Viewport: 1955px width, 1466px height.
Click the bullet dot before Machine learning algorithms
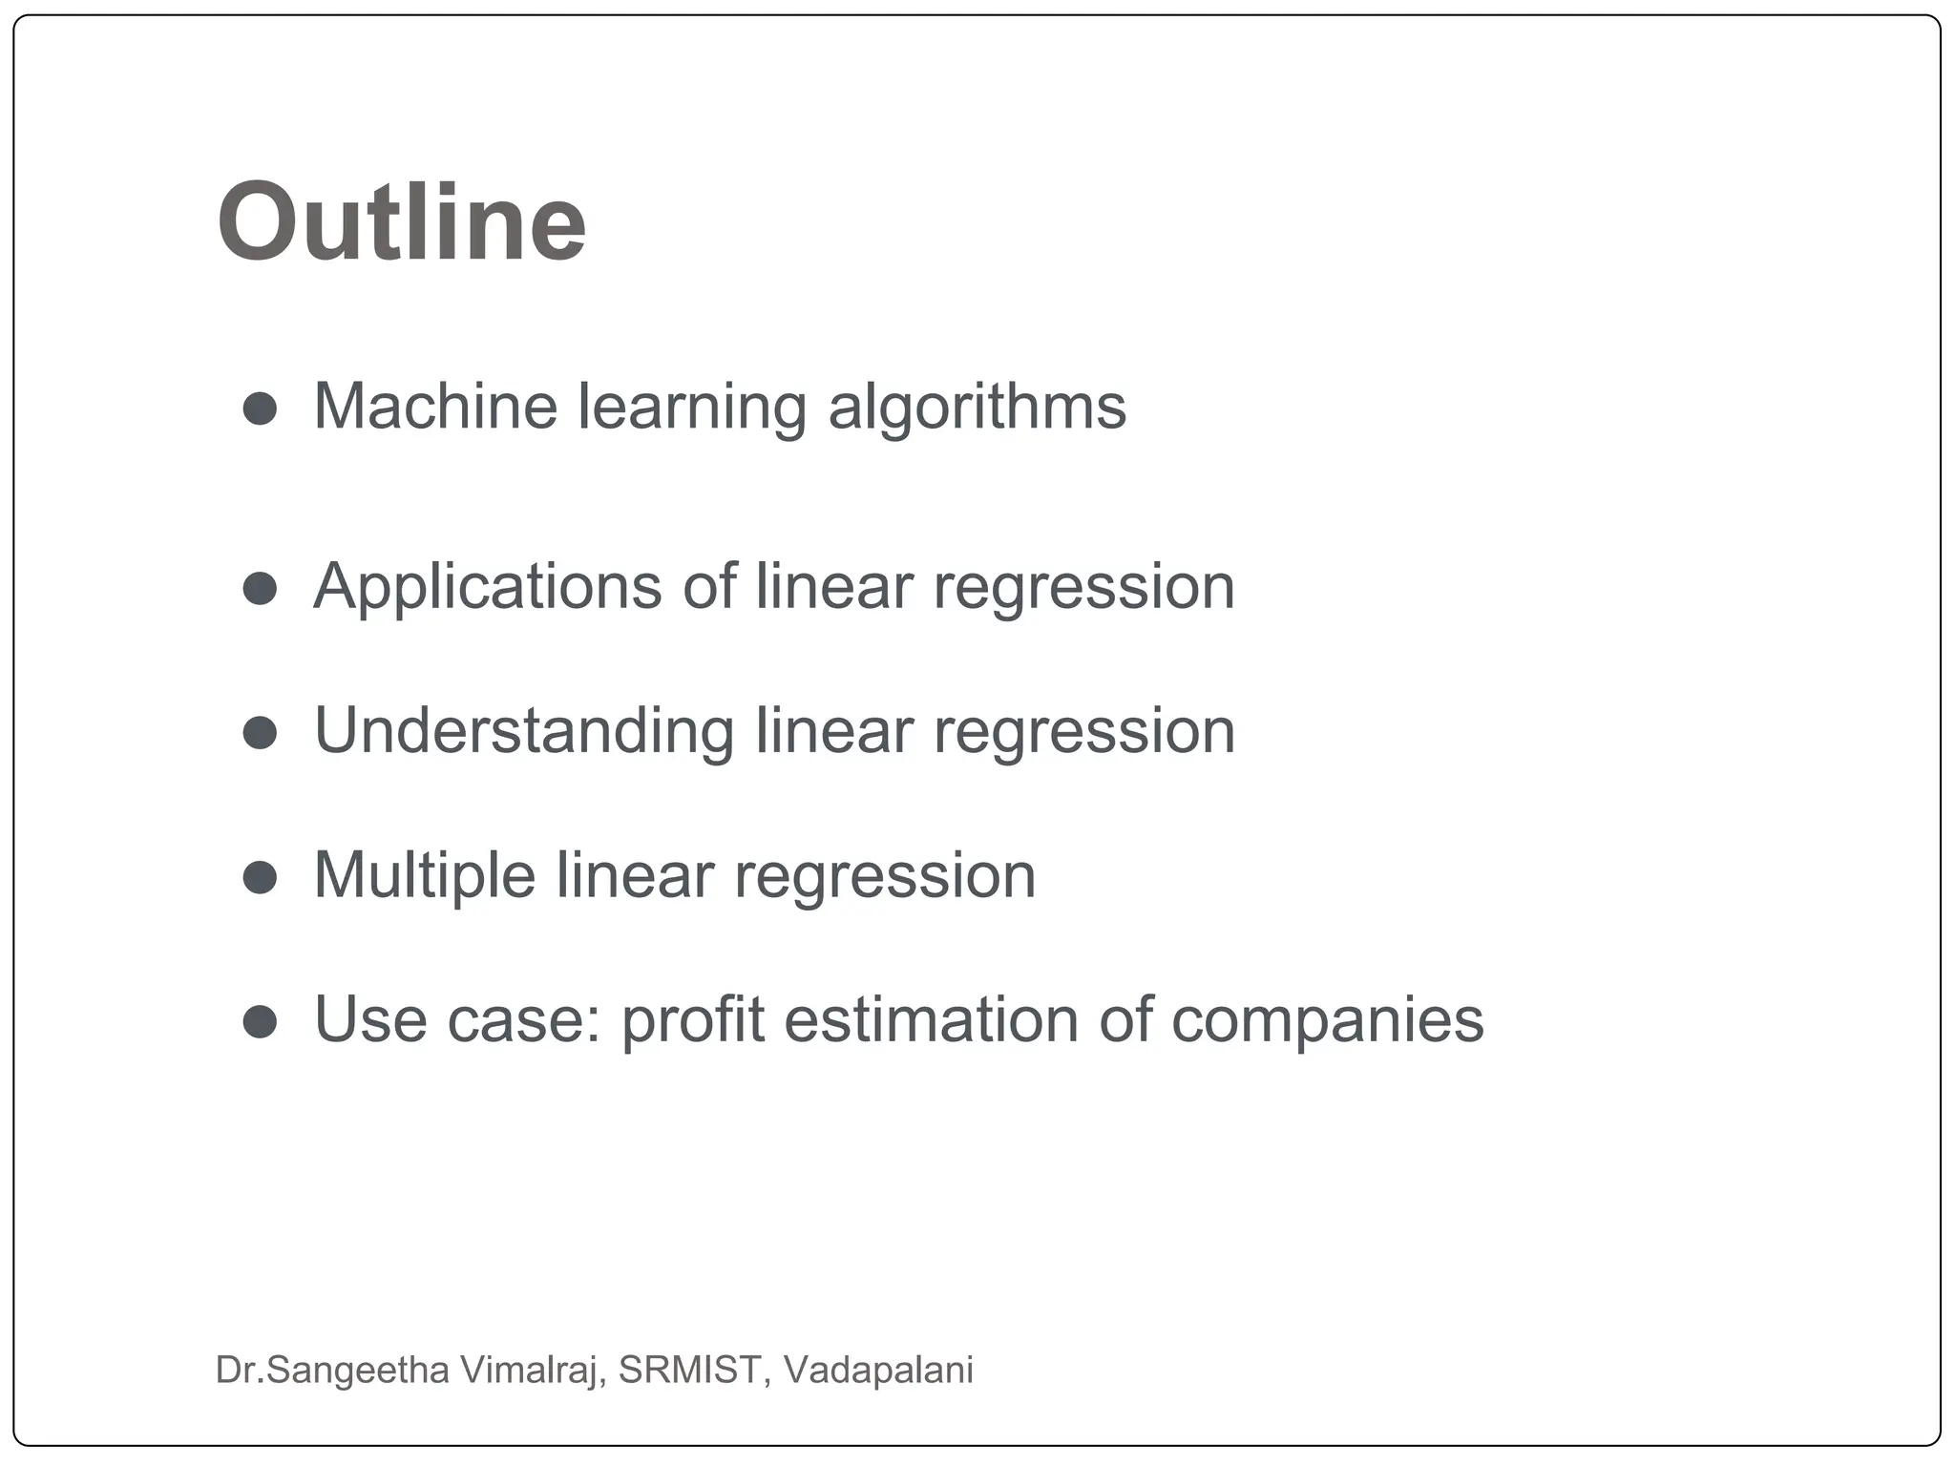point(260,408)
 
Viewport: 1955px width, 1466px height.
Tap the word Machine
point(435,407)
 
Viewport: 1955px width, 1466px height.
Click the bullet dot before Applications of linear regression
point(260,588)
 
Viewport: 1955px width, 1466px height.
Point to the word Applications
point(487,587)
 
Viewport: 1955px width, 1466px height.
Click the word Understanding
point(524,732)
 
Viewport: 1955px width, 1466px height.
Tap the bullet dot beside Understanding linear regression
point(260,733)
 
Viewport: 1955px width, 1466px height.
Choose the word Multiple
point(424,876)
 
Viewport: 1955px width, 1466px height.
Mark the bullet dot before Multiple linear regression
point(260,877)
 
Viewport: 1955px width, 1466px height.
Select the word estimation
point(931,1019)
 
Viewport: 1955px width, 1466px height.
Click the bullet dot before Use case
point(260,1022)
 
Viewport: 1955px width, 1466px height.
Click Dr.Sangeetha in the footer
point(332,1370)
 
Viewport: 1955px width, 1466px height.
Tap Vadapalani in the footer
point(878,1370)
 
